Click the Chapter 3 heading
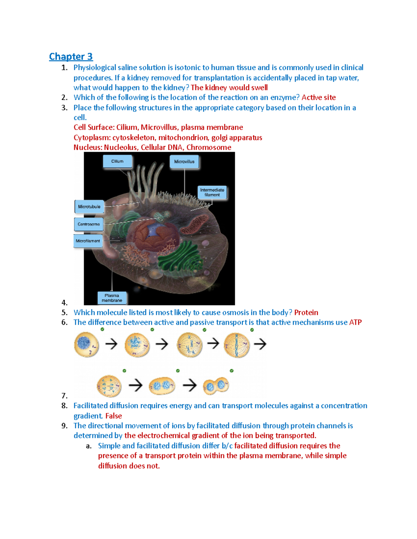tap(71, 56)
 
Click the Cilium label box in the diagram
tap(117, 161)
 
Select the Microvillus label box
tap(184, 162)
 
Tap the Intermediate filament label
tap(212, 192)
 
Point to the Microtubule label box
tap(89, 207)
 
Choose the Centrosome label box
tap(89, 224)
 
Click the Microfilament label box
tap(88, 241)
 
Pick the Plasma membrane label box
tap(112, 298)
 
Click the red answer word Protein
tap(306, 312)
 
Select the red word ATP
tap(355, 322)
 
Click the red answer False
tap(114, 416)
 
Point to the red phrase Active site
tap(319, 98)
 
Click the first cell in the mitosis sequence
tap(86, 344)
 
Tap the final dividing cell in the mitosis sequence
tap(216, 386)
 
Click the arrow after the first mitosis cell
tap(111, 344)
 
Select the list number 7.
tap(64, 396)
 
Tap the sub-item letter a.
tap(89, 446)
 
